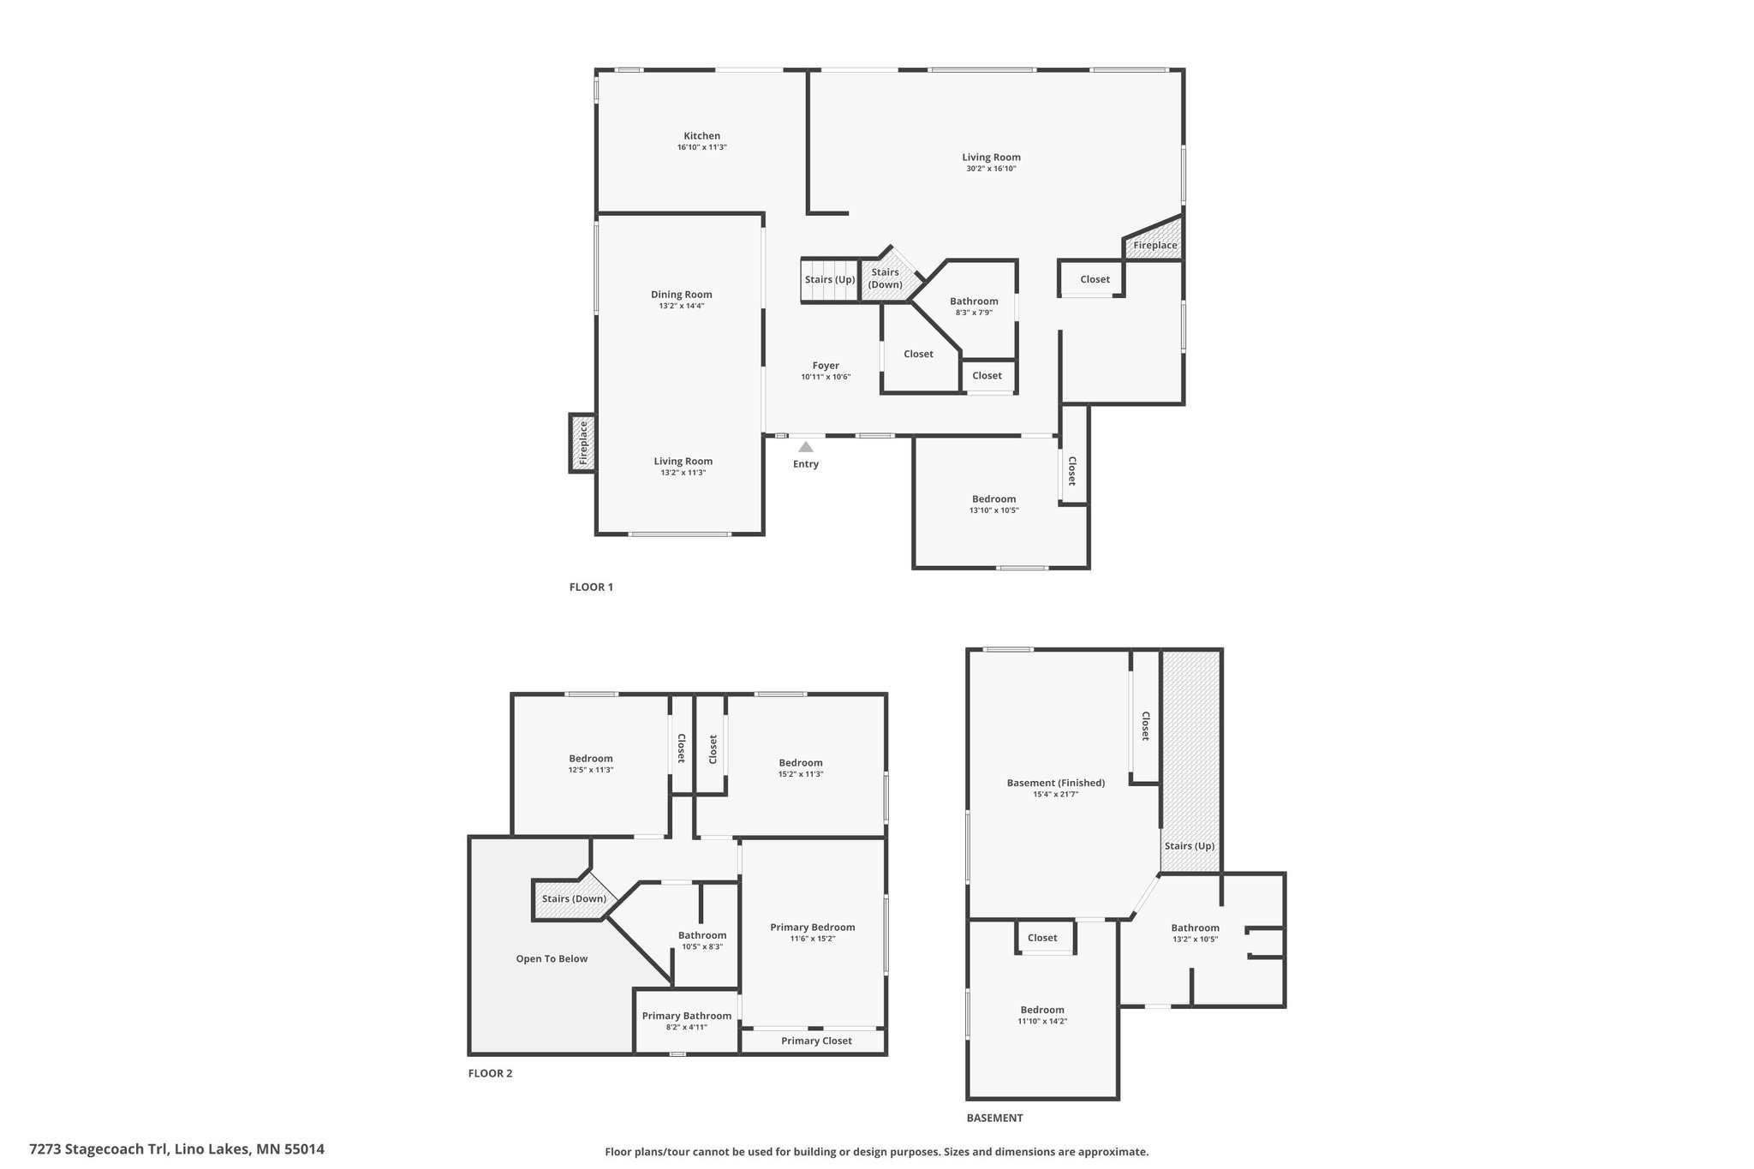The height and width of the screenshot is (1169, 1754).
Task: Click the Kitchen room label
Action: click(x=701, y=135)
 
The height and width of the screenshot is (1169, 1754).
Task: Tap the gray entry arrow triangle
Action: click(x=806, y=446)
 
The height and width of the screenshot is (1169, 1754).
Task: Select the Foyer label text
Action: click(x=826, y=366)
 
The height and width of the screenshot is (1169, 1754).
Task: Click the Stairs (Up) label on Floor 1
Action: click(x=830, y=279)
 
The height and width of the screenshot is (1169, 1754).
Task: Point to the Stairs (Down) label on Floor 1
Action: click(x=886, y=278)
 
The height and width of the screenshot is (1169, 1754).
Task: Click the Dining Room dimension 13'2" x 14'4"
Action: click(x=681, y=306)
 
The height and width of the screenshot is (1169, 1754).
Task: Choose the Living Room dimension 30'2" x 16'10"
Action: click(x=991, y=169)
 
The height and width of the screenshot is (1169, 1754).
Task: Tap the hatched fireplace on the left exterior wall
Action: click(x=582, y=442)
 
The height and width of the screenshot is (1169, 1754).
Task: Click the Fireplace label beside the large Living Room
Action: click(x=1155, y=245)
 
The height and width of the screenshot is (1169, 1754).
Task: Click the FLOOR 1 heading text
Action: click(x=591, y=587)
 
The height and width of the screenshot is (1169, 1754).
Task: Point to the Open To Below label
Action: click(x=552, y=958)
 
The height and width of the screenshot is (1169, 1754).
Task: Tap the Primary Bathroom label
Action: click(x=687, y=1016)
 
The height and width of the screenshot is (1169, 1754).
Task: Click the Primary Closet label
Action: click(x=816, y=1041)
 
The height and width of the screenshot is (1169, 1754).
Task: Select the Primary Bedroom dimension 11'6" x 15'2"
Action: click(x=812, y=939)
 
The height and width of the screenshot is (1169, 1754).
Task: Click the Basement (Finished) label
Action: click(x=1056, y=783)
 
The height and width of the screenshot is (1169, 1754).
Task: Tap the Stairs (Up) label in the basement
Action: click(x=1189, y=846)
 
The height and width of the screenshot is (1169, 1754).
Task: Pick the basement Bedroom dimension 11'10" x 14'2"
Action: click(x=1042, y=1021)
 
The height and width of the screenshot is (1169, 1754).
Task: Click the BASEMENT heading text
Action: click(x=994, y=1118)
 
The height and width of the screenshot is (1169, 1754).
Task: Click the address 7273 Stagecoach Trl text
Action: click(x=99, y=1148)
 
